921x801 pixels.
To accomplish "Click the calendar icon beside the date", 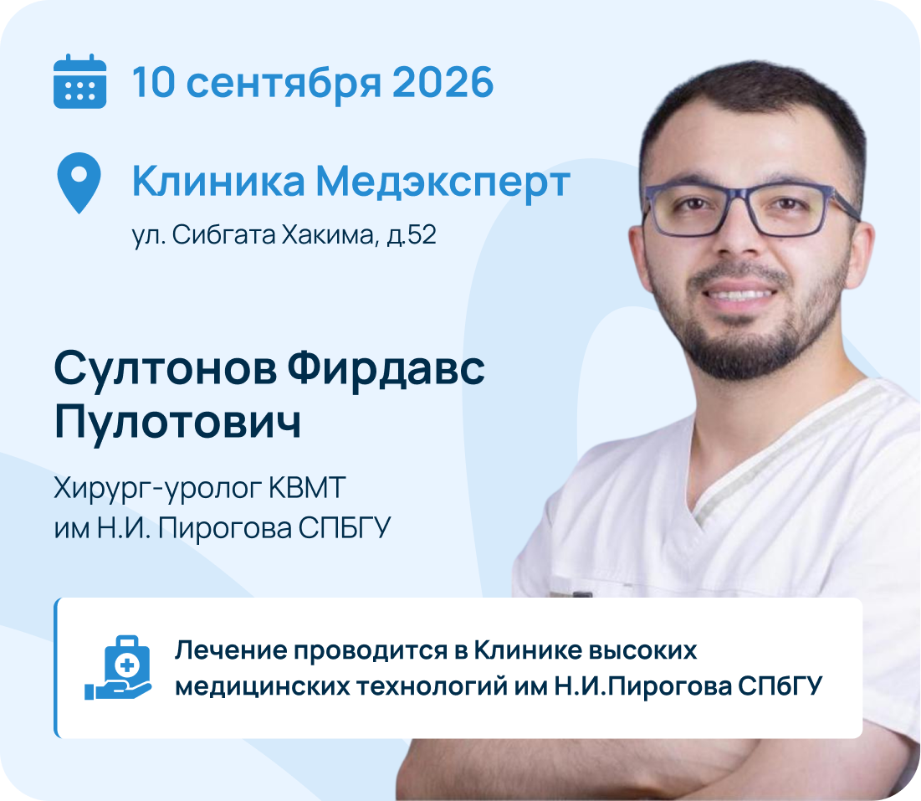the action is click(x=79, y=81).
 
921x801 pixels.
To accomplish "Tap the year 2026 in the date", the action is click(x=443, y=82).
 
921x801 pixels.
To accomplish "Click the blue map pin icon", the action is click(x=79, y=182).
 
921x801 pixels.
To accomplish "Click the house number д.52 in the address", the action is click(x=412, y=235).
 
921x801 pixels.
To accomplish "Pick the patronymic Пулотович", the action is click(x=177, y=422).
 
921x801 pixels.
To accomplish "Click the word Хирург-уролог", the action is click(x=157, y=489).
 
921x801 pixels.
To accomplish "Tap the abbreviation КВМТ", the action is click(x=307, y=488).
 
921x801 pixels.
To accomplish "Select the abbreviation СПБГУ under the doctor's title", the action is click(x=345, y=528).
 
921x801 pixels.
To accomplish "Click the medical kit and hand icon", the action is click(x=118, y=668).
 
